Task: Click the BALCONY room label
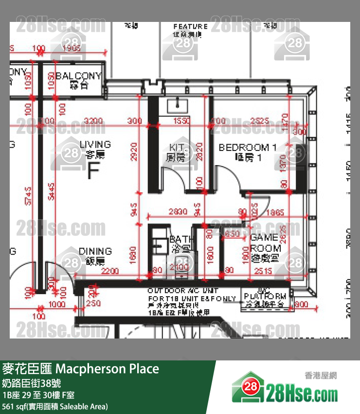tap(78, 76)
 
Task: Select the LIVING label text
tap(95, 145)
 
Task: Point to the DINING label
tap(95, 251)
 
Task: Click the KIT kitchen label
tap(176, 147)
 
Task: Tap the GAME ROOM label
tap(265, 243)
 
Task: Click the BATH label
tap(180, 240)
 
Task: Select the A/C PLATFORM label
tap(265, 296)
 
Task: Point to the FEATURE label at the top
tap(190, 27)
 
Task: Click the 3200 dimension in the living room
tap(93, 121)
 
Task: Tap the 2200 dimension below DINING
tap(110, 270)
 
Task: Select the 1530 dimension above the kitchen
tap(181, 121)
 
